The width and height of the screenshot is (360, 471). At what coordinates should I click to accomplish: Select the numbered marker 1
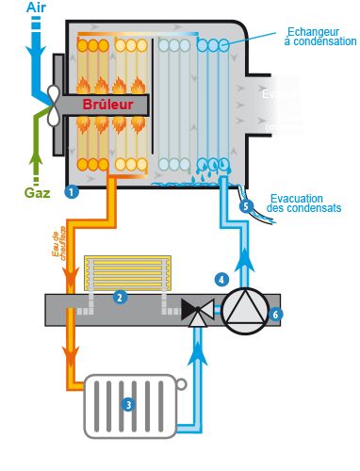click(71, 192)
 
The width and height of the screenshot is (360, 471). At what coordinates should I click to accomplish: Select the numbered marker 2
click(120, 297)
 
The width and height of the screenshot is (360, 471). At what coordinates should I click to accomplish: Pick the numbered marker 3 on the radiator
click(129, 404)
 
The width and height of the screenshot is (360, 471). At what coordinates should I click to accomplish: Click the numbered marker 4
click(221, 279)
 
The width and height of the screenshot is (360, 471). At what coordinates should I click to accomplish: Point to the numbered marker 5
click(246, 205)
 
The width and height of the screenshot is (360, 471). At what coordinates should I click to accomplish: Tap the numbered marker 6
click(275, 314)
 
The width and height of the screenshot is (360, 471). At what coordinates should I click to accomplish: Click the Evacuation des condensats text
click(307, 203)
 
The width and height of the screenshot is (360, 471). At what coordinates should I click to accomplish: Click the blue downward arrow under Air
click(37, 47)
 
